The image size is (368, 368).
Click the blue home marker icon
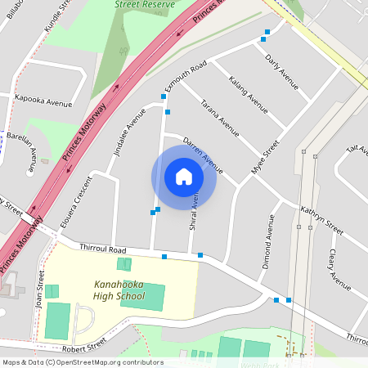183,177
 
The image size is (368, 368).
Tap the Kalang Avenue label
248,93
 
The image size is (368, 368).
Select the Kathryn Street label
321,218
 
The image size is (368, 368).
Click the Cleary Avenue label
338,264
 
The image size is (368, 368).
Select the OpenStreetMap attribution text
82,362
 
